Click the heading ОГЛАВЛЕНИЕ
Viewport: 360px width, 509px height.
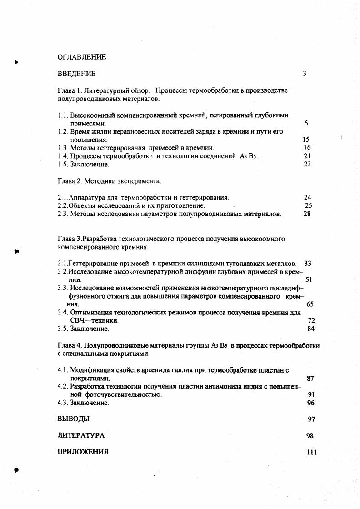click(x=82, y=57)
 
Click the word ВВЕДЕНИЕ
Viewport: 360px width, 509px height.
click(x=76, y=74)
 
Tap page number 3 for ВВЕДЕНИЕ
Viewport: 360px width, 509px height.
click(x=305, y=74)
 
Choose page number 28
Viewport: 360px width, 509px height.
click(x=307, y=214)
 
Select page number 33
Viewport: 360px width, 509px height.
click(x=307, y=263)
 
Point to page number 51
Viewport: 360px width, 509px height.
click(x=309, y=280)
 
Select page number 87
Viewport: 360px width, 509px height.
click(x=311, y=378)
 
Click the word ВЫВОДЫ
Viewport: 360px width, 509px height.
click(x=73, y=419)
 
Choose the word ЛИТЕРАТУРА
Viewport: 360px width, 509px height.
click(x=81, y=435)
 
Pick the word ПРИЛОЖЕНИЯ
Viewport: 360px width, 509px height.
click(x=83, y=452)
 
